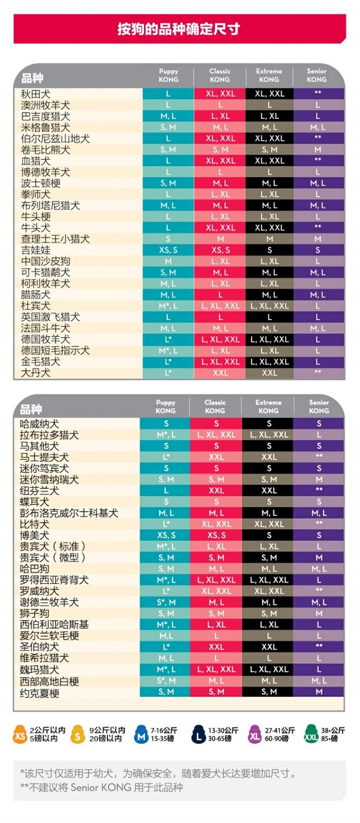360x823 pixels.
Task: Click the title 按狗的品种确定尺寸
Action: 179,29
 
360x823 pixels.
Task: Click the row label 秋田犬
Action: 35,95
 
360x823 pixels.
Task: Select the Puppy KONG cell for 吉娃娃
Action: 168,250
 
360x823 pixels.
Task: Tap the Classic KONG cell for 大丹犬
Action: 220,373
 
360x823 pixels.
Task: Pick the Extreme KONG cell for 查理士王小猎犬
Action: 269,239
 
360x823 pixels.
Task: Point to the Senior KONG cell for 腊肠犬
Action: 318,295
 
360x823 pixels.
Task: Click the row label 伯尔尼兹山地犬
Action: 55,139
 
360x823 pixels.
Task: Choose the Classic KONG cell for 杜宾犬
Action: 220,306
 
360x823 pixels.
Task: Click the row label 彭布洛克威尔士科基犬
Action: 69,513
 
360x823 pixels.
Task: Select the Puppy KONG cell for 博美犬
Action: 165,535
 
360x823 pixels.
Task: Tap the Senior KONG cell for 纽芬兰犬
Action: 318,490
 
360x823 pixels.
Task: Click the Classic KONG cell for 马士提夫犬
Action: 216,457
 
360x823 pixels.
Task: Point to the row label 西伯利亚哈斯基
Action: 54,625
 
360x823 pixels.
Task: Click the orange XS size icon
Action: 20,734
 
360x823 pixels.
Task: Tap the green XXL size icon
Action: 311,734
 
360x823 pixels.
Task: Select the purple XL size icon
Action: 254,734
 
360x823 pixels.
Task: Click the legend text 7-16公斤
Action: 164,730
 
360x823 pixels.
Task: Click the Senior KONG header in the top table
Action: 316,75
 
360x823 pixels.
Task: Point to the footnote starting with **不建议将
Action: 102,788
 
